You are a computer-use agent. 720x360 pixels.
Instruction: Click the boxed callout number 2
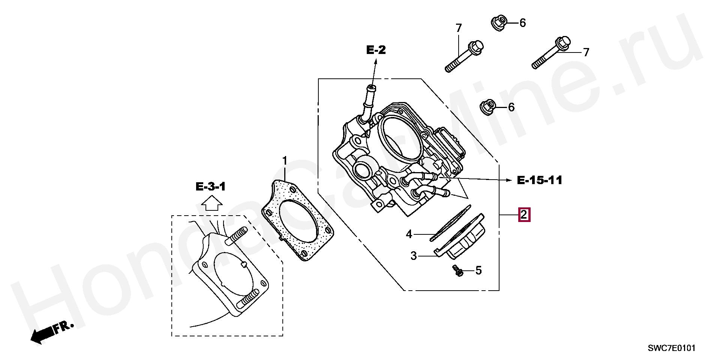coord(524,215)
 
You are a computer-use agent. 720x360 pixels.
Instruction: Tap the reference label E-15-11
coord(540,180)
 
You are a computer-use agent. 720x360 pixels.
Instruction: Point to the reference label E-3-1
coord(210,186)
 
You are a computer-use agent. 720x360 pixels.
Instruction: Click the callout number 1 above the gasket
coord(285,161)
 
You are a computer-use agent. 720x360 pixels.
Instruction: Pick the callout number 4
coord(409,235)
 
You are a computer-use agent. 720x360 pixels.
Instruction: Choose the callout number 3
coord(414,256)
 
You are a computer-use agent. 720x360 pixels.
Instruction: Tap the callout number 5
coord(478,270)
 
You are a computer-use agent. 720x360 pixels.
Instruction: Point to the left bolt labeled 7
coord(464,56)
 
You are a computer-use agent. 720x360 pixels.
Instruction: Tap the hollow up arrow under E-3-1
coord(211,205)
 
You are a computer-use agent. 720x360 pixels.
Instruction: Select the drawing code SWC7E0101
coord(672,348)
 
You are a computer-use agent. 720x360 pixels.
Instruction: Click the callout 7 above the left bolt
coord(459,28)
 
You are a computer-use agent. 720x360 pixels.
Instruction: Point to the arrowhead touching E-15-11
coord(509,180)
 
